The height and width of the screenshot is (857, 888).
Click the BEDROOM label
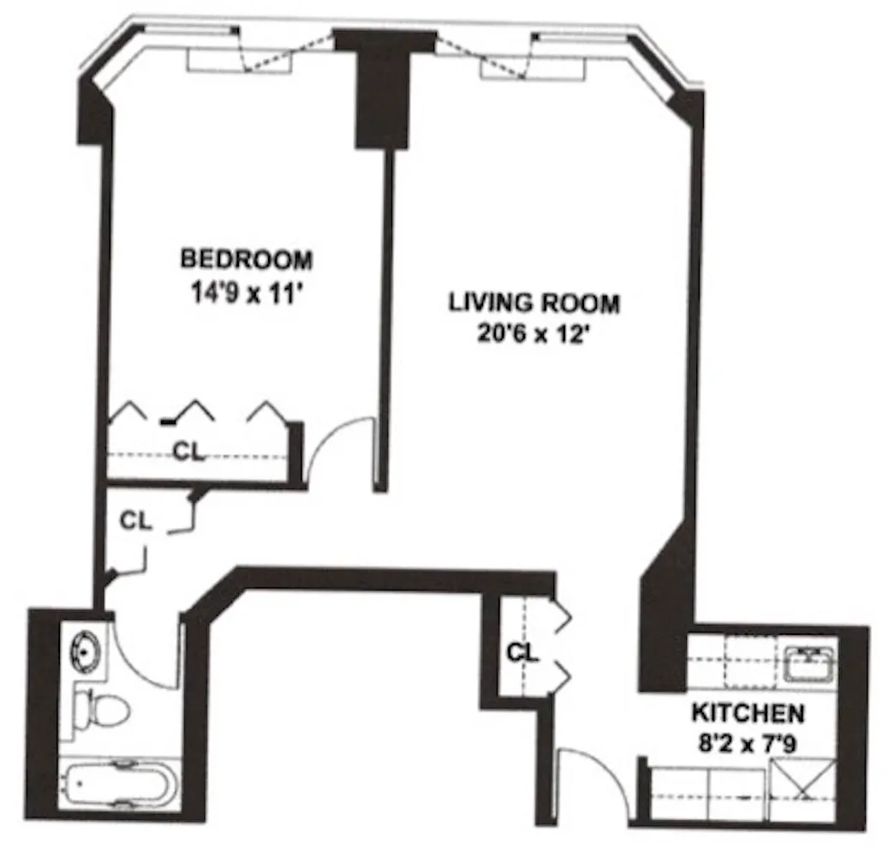[x=246, y=258]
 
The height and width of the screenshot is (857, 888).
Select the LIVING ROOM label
[x=534, y=303]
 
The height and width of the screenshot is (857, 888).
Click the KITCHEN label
[x=748, y=713]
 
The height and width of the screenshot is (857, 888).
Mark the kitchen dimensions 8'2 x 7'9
[x=748, y=743]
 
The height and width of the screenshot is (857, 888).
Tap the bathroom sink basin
[x=86, y=649]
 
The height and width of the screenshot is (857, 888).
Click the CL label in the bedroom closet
[x=189, y=452]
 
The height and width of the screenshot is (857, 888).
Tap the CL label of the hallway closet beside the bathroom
[x=136, y=520]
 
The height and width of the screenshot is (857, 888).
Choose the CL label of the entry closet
[x=521, y=653]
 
